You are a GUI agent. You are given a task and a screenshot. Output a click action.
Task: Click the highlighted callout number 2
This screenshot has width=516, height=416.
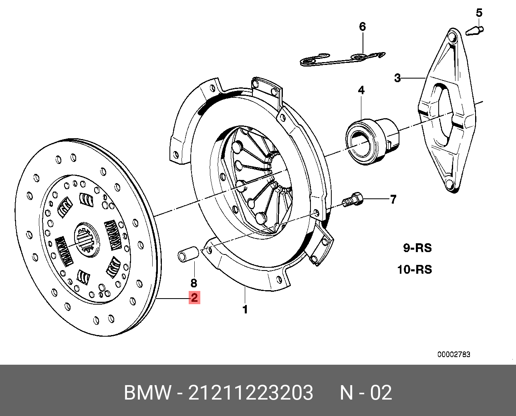(194, 298)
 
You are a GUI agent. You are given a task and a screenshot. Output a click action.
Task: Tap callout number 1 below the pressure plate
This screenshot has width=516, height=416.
(245, 309)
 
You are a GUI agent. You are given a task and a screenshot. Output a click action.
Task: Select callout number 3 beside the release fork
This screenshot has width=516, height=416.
(397, 78)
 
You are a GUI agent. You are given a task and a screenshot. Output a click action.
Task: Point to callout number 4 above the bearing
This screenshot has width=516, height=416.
(361, 90)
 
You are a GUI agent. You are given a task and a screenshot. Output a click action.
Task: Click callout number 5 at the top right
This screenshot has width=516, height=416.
(479, 13)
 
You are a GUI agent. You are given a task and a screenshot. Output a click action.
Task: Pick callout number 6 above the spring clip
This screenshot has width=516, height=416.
(362, 27)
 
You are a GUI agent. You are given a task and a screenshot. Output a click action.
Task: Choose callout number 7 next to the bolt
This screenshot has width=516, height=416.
(393, 199)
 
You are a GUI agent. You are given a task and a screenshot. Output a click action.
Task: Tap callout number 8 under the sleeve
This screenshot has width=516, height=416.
(194, 283)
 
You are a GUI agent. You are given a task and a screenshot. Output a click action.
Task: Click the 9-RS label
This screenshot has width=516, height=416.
(417, 248)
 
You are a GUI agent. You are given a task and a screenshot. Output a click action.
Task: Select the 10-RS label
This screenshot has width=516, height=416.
(415, 269)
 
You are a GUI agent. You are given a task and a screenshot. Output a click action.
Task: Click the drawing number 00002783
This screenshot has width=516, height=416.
(454, 354)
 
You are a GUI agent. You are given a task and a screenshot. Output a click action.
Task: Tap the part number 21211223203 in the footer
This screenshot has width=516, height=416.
(250, 393)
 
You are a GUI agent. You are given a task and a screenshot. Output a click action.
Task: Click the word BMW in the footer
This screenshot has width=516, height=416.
(147, 393)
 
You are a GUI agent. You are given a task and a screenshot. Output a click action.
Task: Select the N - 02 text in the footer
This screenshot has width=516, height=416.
(366, 393)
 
